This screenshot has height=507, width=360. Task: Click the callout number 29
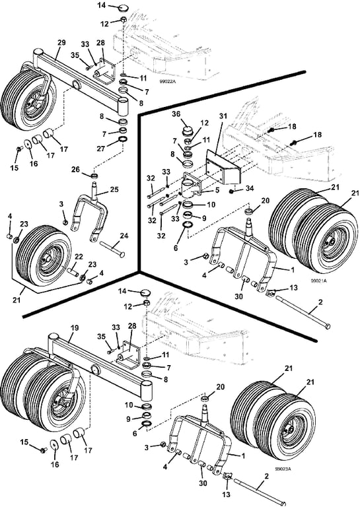[61, 42]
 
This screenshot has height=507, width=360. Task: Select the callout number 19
[75, 327]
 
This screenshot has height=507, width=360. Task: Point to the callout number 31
[223, 116]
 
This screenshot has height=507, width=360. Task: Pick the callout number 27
[102, 149]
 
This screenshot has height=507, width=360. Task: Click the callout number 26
[75, 170]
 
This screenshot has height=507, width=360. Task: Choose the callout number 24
[124, 236]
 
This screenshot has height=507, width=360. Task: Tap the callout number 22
[79, 257]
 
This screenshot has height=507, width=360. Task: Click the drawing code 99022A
[168, 82]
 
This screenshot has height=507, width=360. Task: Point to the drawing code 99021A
[318, 281]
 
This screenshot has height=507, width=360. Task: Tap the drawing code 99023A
[283, 469]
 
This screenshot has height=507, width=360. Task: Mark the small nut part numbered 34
[232, 191]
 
